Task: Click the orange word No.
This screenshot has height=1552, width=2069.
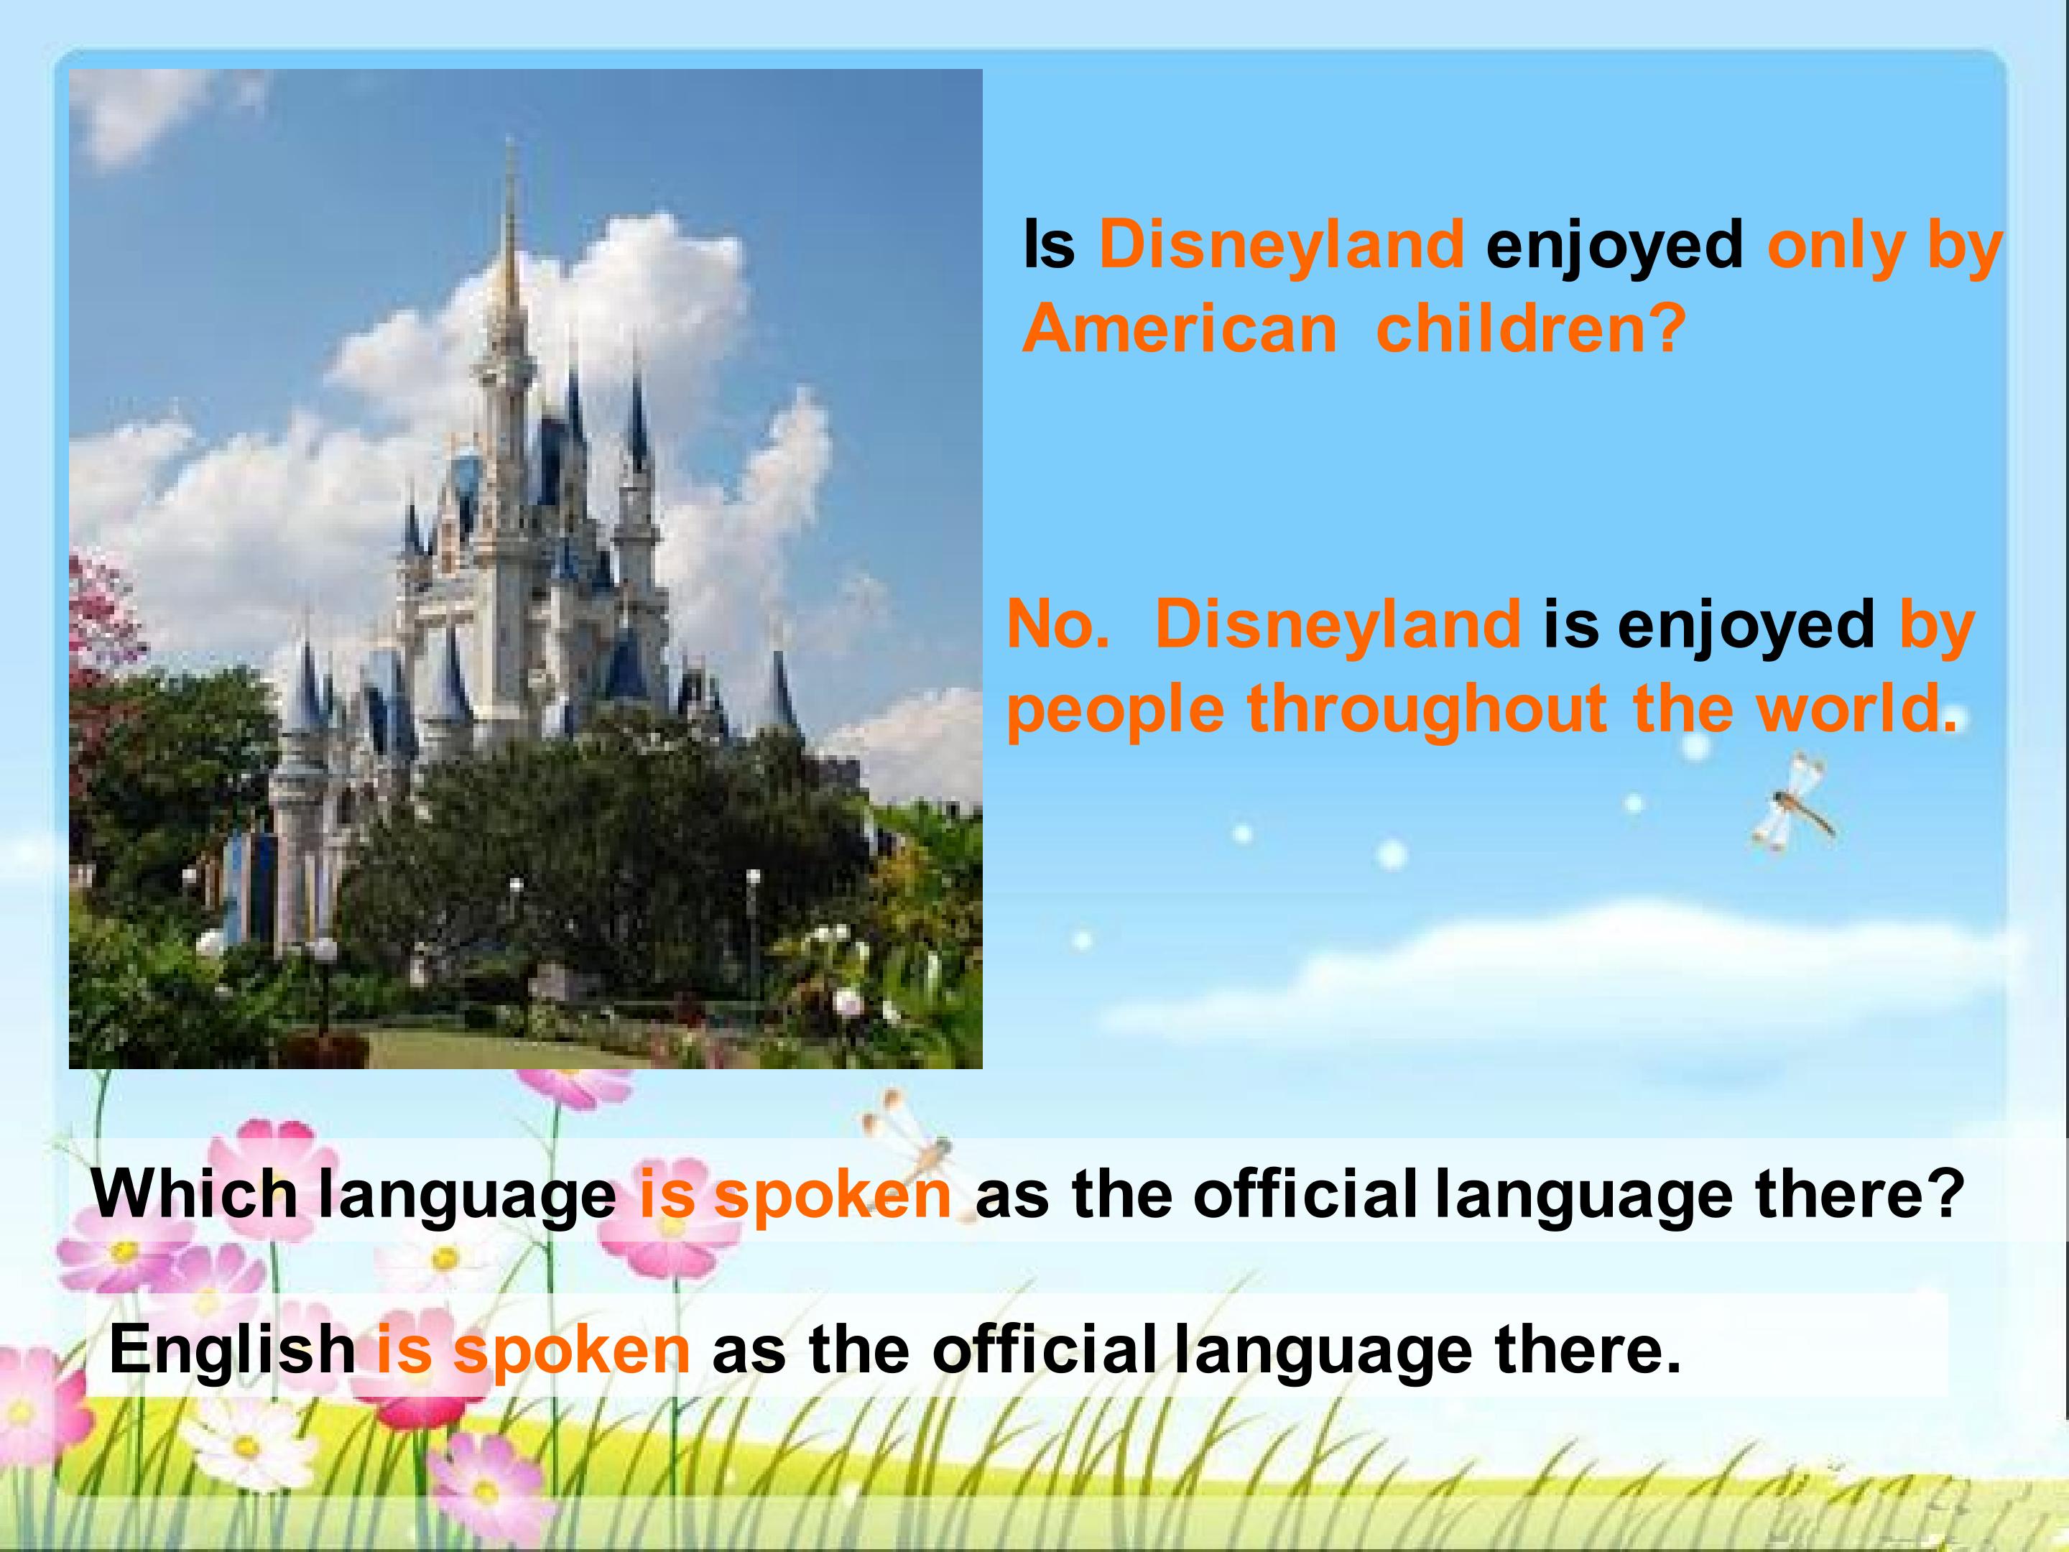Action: click(1058, 624)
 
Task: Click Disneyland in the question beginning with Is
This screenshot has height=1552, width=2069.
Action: click(1282, 245)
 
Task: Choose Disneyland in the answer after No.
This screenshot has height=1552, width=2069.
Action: click(1338, 624)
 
